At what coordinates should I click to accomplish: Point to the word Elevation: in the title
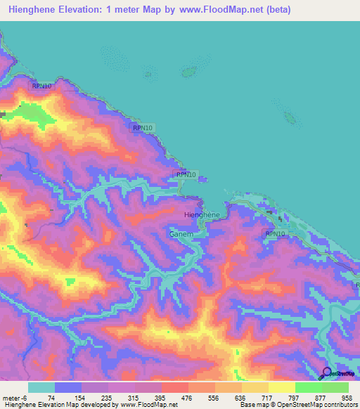(94, 10)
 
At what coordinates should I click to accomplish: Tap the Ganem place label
(181, 233)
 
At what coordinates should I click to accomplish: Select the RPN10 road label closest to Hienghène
(184, 174)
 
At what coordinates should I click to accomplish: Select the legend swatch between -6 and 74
(41, 387)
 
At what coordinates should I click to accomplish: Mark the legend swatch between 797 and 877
(308, 387)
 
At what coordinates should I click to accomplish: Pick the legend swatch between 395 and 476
(176, 387)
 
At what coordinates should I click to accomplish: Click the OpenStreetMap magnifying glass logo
(327, 372)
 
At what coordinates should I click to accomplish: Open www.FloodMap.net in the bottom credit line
(149, 405)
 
